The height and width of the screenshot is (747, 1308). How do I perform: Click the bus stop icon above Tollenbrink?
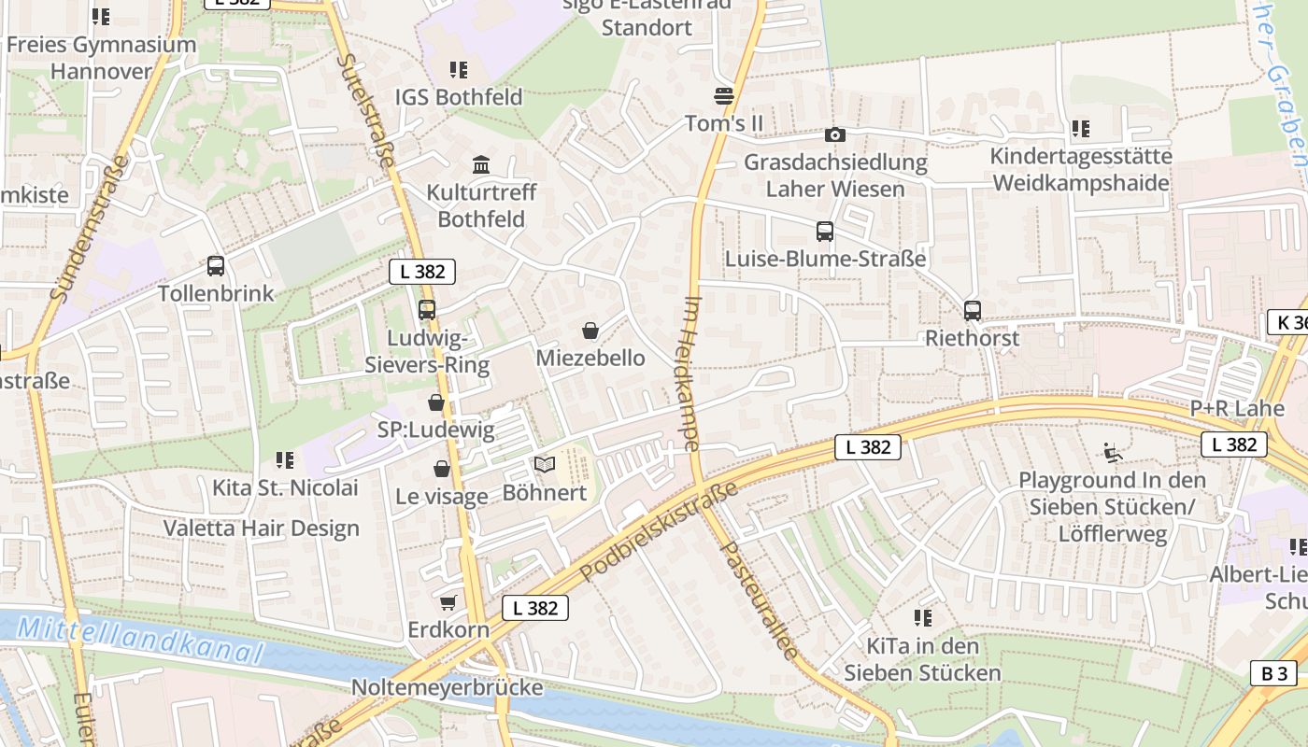(x=216, y=266)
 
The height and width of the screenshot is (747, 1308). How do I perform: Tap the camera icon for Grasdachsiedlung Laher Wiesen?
(x=835, y=135)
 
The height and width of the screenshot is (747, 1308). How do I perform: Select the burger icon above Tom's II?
(x=724, y=96)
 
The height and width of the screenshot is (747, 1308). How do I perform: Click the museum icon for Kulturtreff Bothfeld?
(x=481, y=165)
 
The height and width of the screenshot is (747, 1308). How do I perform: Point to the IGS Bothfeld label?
(x=459, y=97)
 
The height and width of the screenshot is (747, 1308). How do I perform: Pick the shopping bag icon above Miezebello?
(x=590, y=331)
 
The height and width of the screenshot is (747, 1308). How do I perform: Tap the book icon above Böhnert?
(x=545, y=464)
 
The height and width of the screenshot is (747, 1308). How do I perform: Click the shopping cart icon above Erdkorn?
(x=448, y=603)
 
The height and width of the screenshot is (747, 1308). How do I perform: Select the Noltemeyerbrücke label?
(x=447, y=688)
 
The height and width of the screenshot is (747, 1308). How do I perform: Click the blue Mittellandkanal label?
(x=140, y=641)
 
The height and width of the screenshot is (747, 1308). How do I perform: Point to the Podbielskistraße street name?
(x=659, y=531)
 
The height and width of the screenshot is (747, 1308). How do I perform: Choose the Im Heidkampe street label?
(x=692, y=373)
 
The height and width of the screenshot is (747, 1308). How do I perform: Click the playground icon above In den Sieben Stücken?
(x=1113, y=453)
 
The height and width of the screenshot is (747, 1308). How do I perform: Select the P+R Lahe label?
(x=1236, y=409)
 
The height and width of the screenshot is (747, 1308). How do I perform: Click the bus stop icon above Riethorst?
(x=973, y=311)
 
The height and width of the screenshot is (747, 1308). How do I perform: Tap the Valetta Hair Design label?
(x=262, y=529)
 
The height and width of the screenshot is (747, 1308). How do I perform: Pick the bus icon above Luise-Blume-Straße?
(x=825, y=232)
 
